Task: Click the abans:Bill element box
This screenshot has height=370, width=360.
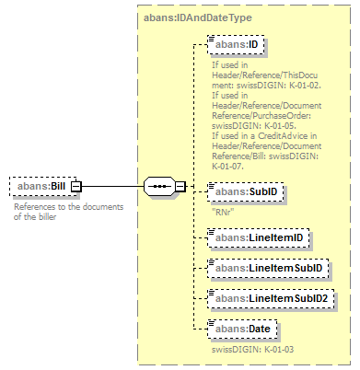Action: [x=41, y=187]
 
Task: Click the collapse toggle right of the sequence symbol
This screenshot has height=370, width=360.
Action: [x=180, y=187]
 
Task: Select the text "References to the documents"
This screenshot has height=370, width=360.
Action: [x=68, y=206]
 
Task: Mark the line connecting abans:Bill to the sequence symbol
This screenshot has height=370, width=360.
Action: [x=110, y=187]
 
